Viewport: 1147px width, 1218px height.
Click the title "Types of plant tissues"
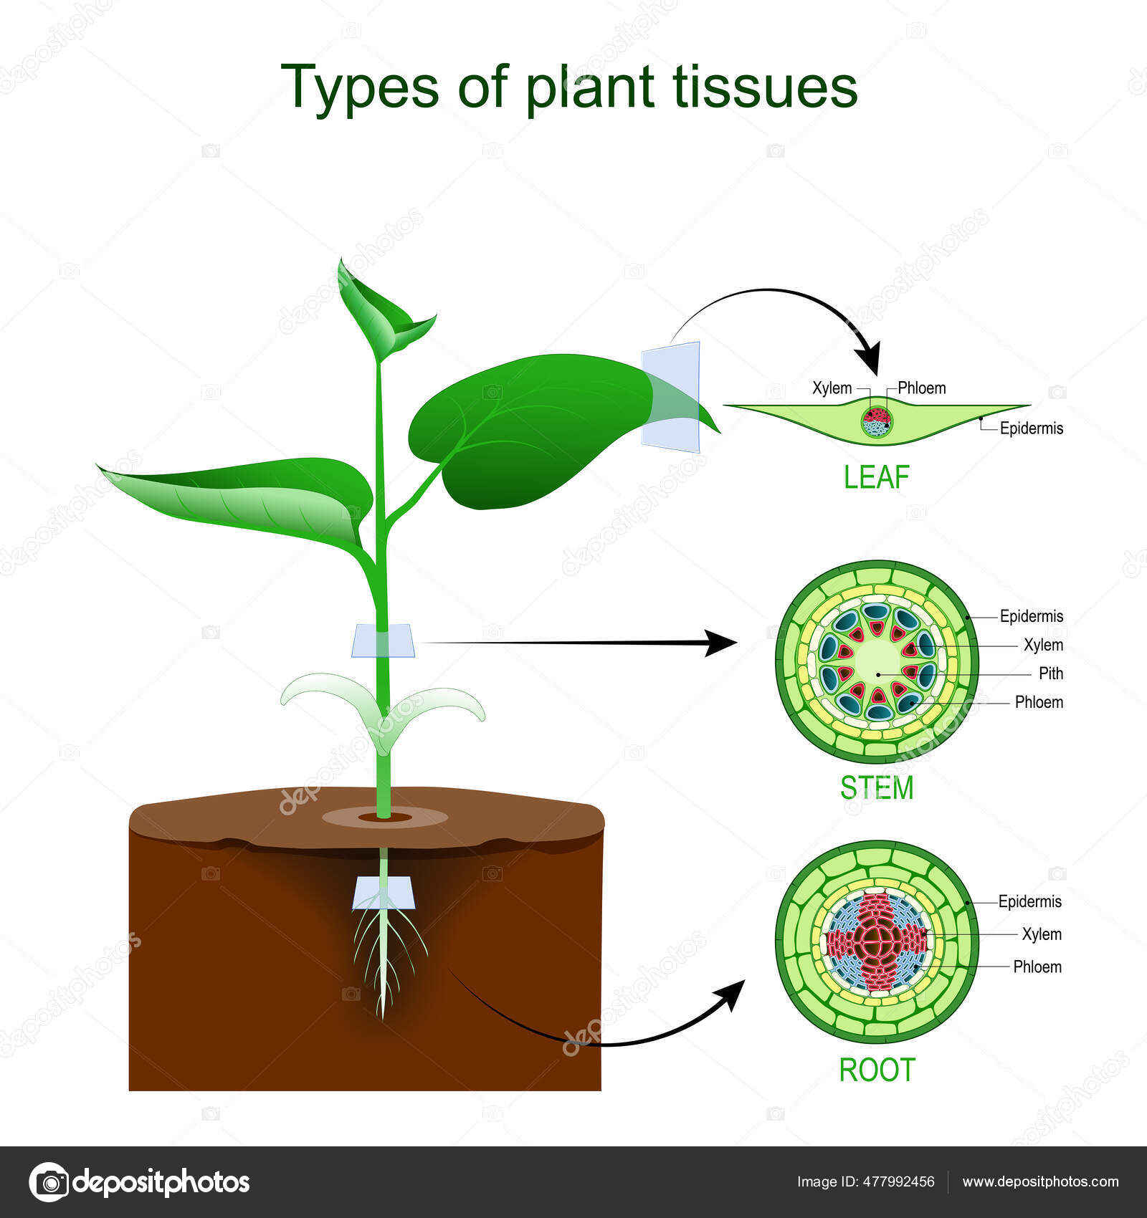pyautogui.click(x=569, y=87)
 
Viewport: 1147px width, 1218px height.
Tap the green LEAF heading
pyautogui.click(x=876, y=477)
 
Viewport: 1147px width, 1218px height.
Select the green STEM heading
pyautogui.click(x=877, y=788)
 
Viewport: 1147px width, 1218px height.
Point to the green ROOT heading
pyautogui.click(x=877, y=1070)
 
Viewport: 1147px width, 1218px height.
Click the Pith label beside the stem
pyautogui.click(x=1051, y=673)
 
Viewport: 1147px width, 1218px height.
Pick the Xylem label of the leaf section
pyautogui.click(x=832, y=388)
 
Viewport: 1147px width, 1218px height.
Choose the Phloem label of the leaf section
pyautogui.click(x=921, y=388)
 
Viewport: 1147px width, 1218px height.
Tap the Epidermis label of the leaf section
pyautogui.click(x=1032, y=428)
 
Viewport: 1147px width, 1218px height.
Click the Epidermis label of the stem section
pyautogui.click(x=1032, y=616)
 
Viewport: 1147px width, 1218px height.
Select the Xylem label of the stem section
pyautogui.click(x=1043, y=645)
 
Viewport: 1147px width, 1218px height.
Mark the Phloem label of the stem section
pyautogui.click(x=1039, y=702)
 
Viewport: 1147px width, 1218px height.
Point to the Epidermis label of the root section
pyautogui.click(x=1030, y=901)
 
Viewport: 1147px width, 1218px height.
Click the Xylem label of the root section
pyautogui.click(x=1042, y=934)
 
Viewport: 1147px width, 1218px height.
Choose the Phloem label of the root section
pyautogui.click(x=1037, y=967)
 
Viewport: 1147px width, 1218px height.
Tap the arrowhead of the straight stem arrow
pyautogui.click(x=720, y=643)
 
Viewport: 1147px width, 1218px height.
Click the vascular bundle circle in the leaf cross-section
pyautogui.click(x=876, y=422)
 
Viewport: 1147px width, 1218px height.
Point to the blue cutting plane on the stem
pyautogui.click(x=383, y=641)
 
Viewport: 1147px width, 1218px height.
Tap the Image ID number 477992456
pyautogui.click(x=900, y=1182)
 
